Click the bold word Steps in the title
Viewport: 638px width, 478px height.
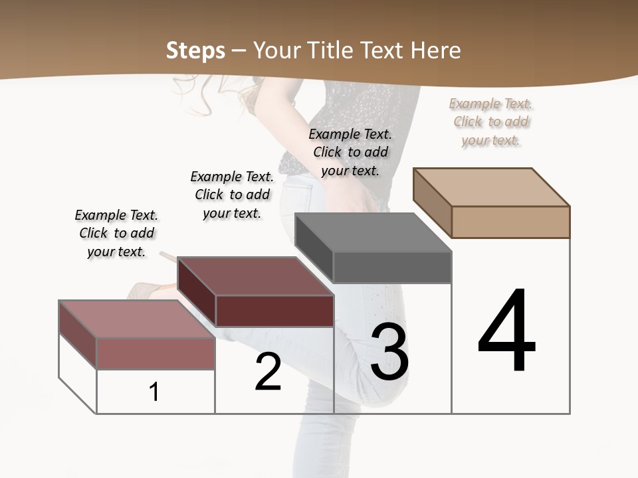tap(195, 50)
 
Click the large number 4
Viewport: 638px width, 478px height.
tap(506, 332)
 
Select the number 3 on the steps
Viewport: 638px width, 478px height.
tap(389, 352)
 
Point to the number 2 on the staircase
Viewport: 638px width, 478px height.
tap(268, 372)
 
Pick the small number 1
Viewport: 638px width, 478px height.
tap(154, 392)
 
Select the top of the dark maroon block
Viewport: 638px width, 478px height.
tap(255, 276)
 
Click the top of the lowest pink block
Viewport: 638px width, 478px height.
tap(137, 319)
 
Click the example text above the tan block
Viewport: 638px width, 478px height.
tap(491, 121)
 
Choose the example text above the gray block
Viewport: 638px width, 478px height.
tap(350, 152)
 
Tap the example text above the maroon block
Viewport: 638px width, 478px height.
tap(232, 195)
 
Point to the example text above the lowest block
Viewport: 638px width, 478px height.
tap(116, 233)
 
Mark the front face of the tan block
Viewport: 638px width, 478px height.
tap(510, 222)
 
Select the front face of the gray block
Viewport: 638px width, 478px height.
tap(392, 268)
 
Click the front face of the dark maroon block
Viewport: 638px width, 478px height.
tap(274, 311)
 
